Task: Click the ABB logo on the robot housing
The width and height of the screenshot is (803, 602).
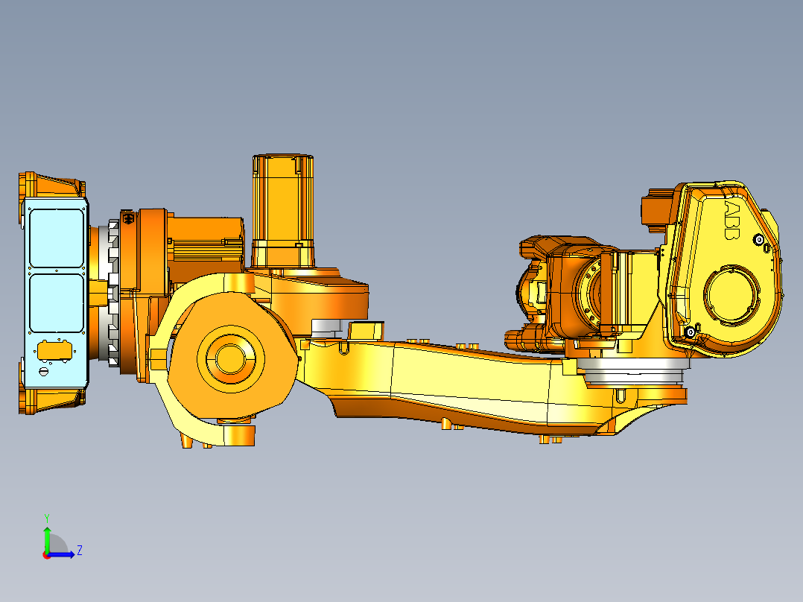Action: (731, 220)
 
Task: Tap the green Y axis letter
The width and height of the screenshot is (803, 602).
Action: (46, 516)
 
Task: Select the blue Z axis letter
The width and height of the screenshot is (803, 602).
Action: (79, 551)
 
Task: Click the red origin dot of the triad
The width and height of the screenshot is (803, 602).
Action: (46, 554)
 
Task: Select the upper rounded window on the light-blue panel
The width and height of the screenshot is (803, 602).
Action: (56, 237)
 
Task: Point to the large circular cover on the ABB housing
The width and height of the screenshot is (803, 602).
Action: (733, 294)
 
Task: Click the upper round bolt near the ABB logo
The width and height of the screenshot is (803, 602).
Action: (759, 240)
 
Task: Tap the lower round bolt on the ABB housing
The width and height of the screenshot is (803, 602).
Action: (691, 332)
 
